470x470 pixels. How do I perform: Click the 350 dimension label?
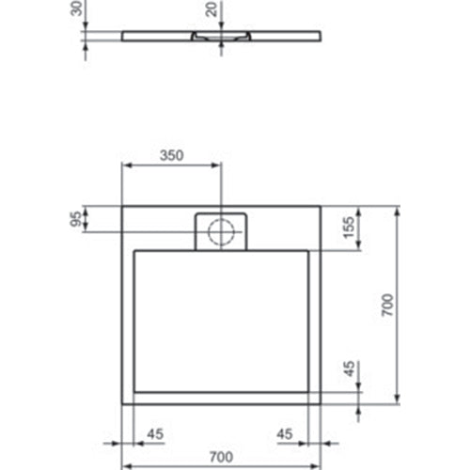click(x=170, y=157)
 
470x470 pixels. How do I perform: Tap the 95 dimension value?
click(x=74, y=220)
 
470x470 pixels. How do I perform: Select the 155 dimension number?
click(x=350, y=229)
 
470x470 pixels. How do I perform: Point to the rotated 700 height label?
click(x=387, y=305)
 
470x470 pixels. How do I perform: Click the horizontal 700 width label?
click(x=223, y=455)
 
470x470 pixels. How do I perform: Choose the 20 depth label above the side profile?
click(x=211, y=11)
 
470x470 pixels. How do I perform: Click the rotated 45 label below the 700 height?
click(x=350, y=369)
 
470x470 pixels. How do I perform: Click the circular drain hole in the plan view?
click(x=222, y=231)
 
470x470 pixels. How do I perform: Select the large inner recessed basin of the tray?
click(x=222, y=320)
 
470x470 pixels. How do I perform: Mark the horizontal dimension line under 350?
click(x=172, y=167)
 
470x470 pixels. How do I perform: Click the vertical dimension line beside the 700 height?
click(x=400, y=305)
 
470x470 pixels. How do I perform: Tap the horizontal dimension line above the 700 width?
click(x=223, y=465)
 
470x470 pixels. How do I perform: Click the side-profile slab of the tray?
click(x=282, y=35)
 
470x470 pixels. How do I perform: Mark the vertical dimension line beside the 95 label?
click(x=86, y=220)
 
